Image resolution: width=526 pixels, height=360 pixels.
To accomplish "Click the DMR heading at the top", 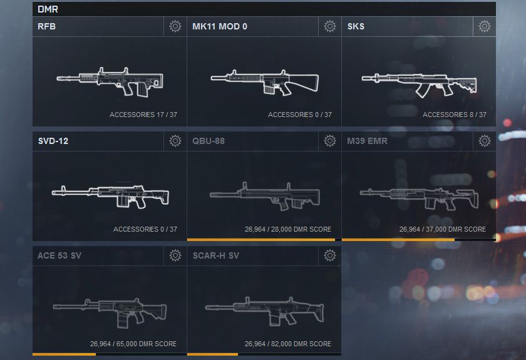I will point(48,9).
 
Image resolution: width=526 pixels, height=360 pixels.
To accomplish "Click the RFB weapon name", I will point(48,27).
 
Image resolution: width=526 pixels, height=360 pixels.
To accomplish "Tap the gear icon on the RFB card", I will point(175,26).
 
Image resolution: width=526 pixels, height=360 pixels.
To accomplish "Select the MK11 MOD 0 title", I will point(220,27).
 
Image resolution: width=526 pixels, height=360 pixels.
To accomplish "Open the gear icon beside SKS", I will point(485,26).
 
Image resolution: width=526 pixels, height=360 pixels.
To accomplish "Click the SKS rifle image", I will point(418,80).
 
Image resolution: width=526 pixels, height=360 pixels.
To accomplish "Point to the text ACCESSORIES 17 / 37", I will point(143,115).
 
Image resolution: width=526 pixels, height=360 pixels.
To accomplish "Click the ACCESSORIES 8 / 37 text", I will point(454,115).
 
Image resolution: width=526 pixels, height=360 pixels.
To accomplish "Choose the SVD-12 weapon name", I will point(53,141).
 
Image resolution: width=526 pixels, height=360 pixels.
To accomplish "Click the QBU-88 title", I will point(209,141).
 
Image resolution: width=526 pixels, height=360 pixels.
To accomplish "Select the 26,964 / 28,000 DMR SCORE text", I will point(288,229).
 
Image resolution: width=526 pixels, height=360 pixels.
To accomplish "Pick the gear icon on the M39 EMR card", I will point(485,141).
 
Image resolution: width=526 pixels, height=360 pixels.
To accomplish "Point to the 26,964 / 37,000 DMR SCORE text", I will point(442,229).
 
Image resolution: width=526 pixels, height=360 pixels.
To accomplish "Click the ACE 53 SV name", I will point(59,255).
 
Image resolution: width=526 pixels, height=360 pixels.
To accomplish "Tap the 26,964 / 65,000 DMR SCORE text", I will point(133,344).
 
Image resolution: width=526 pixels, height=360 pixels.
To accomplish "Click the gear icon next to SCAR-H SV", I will point(330,255).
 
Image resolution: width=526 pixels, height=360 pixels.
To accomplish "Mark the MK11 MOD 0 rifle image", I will point(264,82).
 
